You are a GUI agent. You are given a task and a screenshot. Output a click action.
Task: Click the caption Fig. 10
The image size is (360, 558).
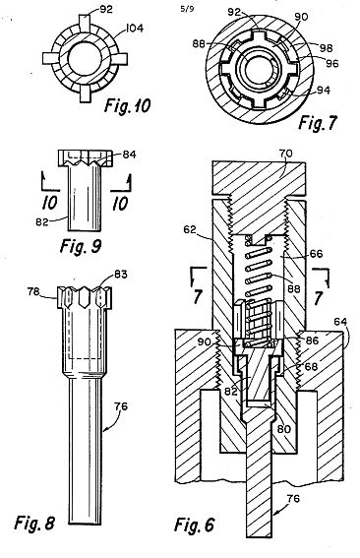[x=127, y=105]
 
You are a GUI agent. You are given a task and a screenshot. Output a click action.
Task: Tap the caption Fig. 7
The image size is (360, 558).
[x=318, y=123]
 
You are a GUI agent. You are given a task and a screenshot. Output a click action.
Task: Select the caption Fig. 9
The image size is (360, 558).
[x=81, y=246]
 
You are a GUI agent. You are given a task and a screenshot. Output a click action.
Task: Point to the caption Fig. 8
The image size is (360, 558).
[x=34, y=523]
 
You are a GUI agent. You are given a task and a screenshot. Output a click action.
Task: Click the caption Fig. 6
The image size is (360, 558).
[x=195, y=525]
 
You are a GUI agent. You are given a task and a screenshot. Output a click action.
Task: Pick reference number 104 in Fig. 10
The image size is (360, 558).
[x=134, y=28]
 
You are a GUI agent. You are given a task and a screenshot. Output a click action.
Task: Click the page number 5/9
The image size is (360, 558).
[x=187, y=9]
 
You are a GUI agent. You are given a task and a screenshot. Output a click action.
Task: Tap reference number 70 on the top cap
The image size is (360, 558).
[x=284, y=154]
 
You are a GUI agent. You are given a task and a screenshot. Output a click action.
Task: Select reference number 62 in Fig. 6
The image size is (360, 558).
[x=190, y=229]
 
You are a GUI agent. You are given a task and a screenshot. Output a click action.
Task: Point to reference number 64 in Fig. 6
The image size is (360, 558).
[x=340, y=322]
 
